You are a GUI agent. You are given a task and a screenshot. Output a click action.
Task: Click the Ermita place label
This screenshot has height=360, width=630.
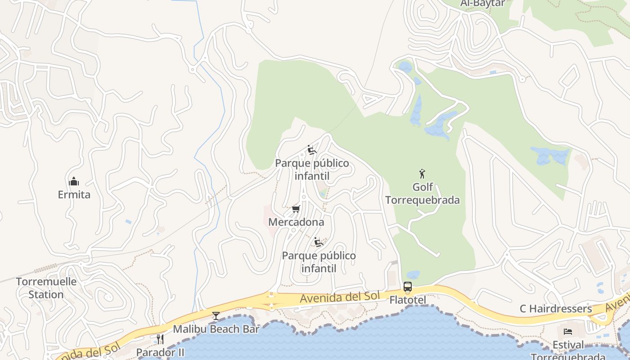coord(74,195)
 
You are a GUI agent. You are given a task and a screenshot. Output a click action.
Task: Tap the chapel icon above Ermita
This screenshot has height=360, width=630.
coord(74,181)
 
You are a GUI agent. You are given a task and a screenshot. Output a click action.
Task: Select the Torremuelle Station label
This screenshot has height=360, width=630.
coord(46,288)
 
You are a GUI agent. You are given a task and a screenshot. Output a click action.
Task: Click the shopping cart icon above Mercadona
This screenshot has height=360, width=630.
coord(296,209)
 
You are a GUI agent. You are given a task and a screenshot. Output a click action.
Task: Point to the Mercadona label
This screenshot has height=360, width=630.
coord(296,222)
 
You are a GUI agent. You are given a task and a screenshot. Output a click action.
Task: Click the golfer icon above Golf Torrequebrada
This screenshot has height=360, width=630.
coord(422,173)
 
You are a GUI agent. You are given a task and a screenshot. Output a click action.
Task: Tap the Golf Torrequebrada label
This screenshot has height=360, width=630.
coord(423,193)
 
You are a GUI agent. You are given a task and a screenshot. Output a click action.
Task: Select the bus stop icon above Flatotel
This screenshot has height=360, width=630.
coord(407,287)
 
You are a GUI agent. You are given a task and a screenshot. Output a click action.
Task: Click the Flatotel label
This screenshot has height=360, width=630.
coord(408,300)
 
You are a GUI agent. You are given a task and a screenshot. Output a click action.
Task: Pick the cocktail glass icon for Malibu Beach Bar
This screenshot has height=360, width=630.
coord(216,315)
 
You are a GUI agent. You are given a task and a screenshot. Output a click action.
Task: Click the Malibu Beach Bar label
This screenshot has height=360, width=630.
coord(216,329)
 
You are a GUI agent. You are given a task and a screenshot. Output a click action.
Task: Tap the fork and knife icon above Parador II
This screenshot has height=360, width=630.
coord(160,339)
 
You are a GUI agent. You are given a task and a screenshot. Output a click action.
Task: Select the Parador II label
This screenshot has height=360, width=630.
coord(160,352)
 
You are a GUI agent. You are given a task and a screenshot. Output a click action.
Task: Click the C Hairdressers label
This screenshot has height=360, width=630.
coord(556,309)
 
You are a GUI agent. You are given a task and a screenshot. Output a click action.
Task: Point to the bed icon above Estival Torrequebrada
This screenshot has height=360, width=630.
coord(568,332)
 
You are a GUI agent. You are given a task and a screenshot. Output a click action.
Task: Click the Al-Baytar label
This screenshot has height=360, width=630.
coord(483,4)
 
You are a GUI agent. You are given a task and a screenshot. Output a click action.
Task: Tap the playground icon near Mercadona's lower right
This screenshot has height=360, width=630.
coord(319,242)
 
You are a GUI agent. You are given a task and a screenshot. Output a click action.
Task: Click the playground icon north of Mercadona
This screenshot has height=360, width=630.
coord(312,149)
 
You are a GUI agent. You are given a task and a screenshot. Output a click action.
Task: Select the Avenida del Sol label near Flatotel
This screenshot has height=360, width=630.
coord(340,297)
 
